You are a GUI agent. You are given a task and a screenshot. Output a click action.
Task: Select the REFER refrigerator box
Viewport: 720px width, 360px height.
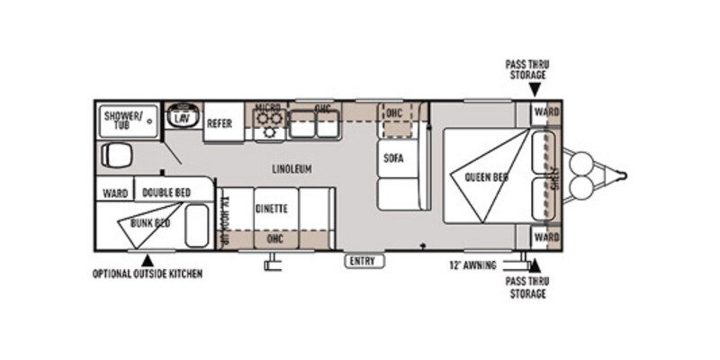click(x=220, y=124)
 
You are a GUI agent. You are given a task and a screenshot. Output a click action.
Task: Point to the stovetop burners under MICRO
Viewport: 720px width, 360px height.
click(x=269, y=128)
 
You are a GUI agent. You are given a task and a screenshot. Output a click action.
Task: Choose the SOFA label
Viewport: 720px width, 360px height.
click(x=393, y=157)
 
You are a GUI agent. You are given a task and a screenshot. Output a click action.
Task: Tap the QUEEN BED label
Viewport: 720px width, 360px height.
click(x=487, y=176)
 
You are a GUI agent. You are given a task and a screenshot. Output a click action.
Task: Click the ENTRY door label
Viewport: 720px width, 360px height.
click(x=364, y=261)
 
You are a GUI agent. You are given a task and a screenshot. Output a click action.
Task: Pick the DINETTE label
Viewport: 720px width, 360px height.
click(x=271, y=209)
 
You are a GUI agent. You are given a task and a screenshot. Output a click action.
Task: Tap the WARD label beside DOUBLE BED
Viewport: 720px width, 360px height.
click(x=114, y=193)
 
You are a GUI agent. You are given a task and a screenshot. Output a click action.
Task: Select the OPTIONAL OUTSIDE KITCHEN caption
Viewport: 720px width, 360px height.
click(x=148, y=274)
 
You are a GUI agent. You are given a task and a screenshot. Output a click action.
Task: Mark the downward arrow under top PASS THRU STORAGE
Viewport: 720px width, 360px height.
click(x=537, y=90)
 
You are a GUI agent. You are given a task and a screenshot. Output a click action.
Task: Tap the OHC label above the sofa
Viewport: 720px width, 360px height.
click(x=393, y=113)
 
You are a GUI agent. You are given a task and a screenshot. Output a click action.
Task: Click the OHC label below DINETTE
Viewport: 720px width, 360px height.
click(x=275, y=238)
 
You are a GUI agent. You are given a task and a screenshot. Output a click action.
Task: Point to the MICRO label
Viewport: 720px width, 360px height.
click(x=268, y=108)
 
